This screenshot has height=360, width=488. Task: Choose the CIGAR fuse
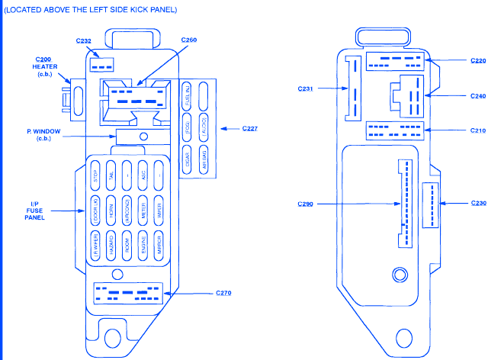pyautogui.click(x=188, y=156)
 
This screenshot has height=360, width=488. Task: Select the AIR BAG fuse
pyautogui.click(x=204, y=156)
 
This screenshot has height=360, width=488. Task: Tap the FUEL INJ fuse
pyautogui.click(x=188, y=98)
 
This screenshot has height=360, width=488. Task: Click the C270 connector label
pyautogui.click(x=223, y=293)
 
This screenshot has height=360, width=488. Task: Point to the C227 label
pyautogui.click(x=249, y=127)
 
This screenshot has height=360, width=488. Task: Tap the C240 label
pyautogui.click(x=477, y=96)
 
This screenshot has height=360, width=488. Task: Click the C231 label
pyautogui.click(x=305, y=88)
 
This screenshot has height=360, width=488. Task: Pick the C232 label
pyautogui.click(x=84, y=40)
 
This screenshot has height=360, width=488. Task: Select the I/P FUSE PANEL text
pyautogui.click(x=34, y=210)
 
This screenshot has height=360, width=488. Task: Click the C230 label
pyautogui.click(x=478, y=203)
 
